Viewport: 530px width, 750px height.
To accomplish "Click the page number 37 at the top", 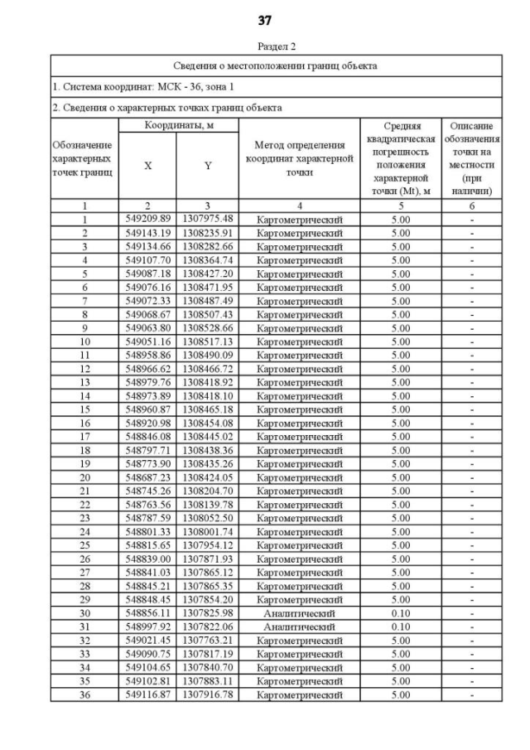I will point(264,20).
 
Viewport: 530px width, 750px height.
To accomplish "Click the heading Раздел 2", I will point(264,46).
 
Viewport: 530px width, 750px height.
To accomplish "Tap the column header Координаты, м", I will point(177,125).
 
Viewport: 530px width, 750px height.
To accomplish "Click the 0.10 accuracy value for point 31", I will point(401,627).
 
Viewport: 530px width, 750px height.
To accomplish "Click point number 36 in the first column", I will point(84,695).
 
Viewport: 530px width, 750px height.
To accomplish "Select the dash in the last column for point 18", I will point(471,451).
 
